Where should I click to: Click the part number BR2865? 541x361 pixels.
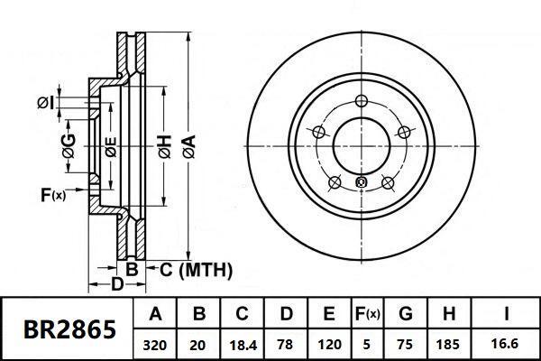(68, 329)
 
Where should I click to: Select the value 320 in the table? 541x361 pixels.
(154, 344)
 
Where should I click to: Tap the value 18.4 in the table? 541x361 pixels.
(242, 344)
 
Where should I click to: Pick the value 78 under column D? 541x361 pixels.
(285, 344)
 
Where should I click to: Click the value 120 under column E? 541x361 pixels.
(329, 344)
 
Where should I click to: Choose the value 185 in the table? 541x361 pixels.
(448, 344)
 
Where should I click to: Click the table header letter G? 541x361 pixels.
(405, 315)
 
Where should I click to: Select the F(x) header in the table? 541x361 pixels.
(368, 315)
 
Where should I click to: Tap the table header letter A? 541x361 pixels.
(154, 315)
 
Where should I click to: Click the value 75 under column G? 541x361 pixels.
(405, 344)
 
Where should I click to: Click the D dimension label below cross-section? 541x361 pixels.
(116, 286)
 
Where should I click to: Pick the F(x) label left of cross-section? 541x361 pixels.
(53, 194)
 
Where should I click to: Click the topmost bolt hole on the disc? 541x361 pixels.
(362, 101)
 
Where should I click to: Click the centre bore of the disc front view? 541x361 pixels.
(362, 143)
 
